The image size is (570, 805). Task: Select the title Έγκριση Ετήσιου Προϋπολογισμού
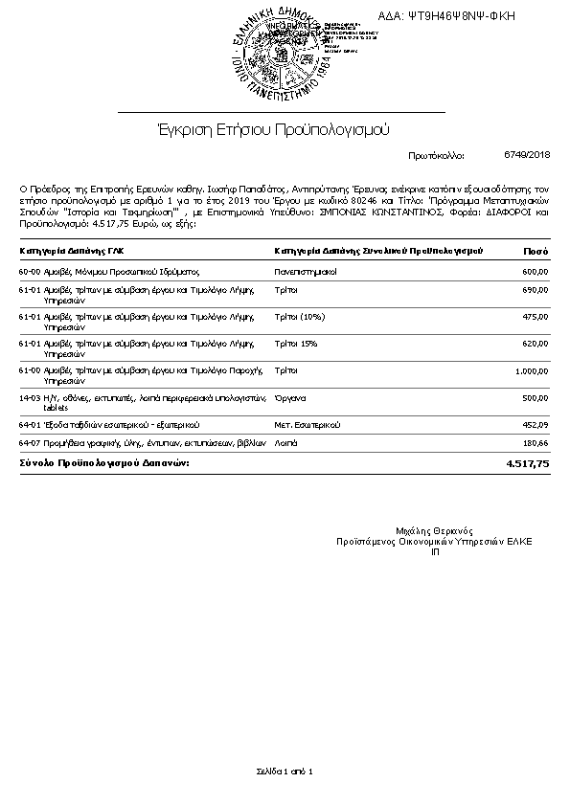(x=273, y=128)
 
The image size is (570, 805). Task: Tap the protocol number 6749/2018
(x=527, y=154)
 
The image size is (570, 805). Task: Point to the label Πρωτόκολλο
(x=436, y=154)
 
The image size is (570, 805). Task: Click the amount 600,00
(x=536, y=273)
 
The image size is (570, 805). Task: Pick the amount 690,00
(x=536, y=289)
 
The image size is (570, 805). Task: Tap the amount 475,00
(x=536, y=316)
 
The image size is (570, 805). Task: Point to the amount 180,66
(x=536, y=443)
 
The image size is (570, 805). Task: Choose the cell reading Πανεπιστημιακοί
(x=306, y=273)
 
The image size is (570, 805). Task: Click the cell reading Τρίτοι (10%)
(x=300, y=316)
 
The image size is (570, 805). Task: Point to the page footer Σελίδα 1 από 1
(x=285, y=771)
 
